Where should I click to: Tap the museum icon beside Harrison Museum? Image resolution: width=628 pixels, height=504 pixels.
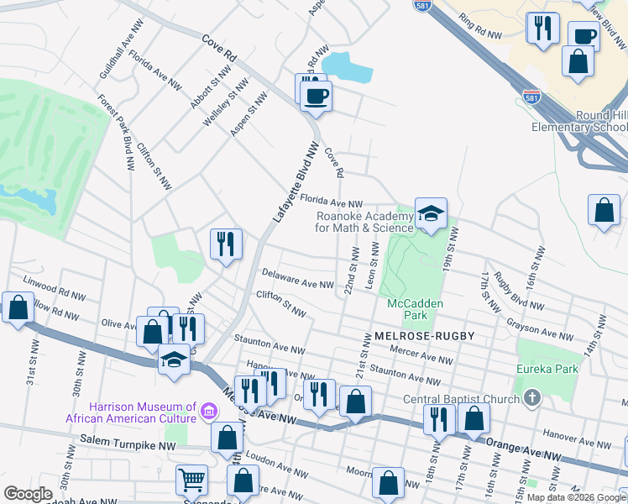coord(209,412)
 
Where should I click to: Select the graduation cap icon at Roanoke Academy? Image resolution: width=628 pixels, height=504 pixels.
coord(431,215)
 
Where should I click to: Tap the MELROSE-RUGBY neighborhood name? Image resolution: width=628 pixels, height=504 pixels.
coord(425,336)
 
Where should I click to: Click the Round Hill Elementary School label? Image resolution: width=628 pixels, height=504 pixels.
coord(579,122)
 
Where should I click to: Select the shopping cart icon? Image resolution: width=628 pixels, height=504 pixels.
coord(191,480)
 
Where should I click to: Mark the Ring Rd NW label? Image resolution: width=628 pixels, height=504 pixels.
coord(481,30)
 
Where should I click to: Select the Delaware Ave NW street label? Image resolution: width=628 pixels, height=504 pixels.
coord(296,279)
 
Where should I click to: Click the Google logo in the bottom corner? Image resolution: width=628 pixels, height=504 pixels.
coord(28,494)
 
